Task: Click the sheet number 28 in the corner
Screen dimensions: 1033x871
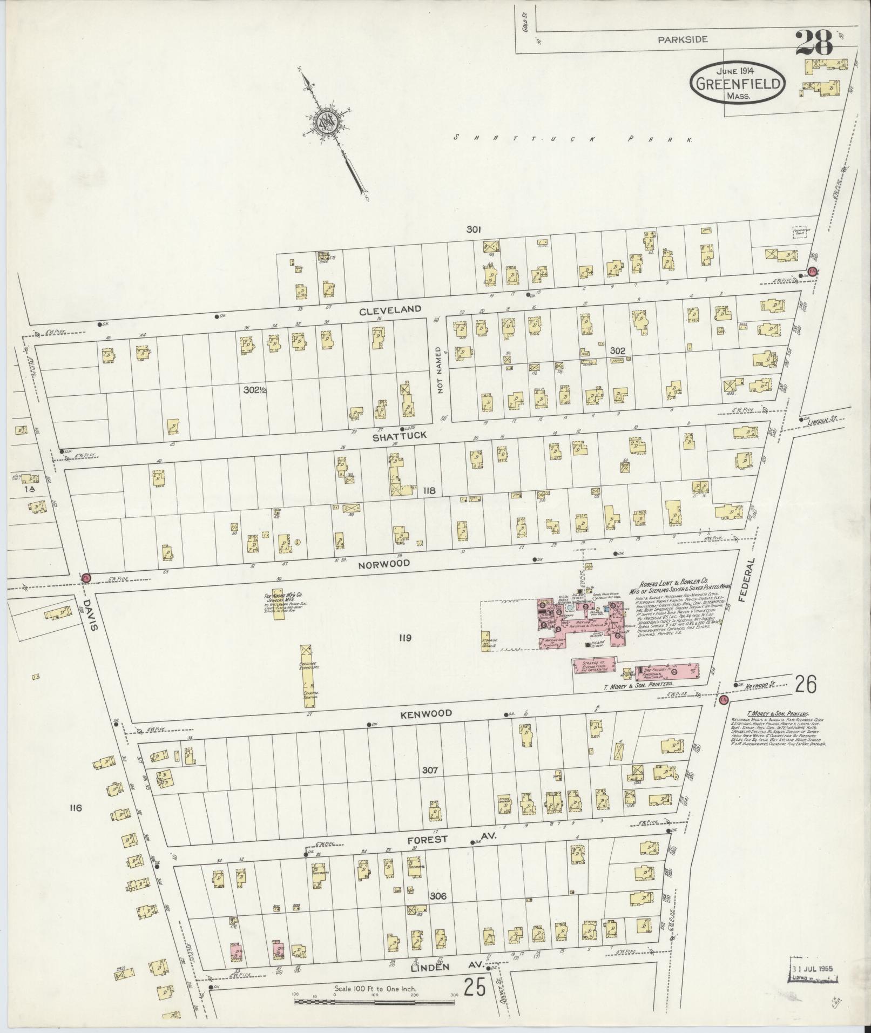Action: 815,42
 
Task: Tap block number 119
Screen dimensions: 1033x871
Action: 405,638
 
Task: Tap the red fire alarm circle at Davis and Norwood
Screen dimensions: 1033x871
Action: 86,578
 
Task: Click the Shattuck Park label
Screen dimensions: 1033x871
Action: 572,139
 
